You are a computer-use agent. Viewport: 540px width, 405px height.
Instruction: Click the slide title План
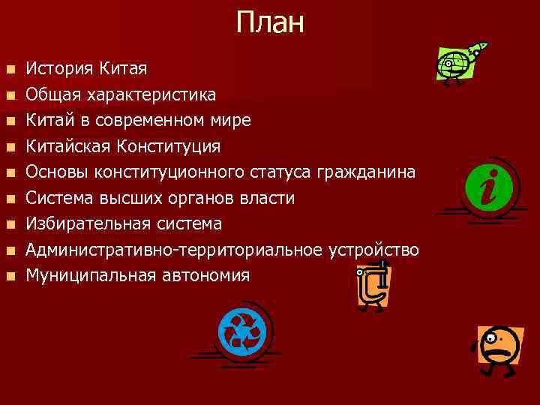pos(270,22)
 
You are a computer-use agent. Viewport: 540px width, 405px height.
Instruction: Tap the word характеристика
pos(151,95)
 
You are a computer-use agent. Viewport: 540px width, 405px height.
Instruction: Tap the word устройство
pos(375,250)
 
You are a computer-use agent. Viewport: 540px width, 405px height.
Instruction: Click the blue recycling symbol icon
pos(241,331)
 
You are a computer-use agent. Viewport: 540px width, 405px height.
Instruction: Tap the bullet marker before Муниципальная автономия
pos(10,276)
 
